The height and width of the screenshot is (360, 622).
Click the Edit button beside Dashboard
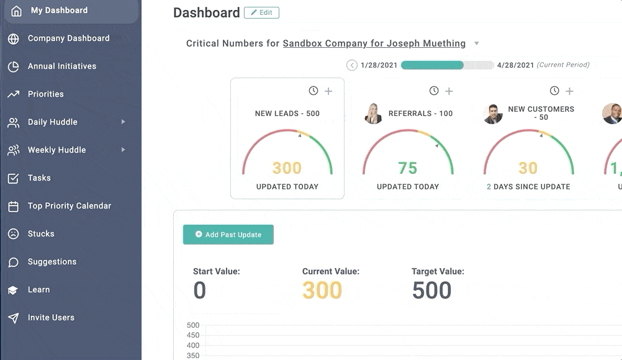coord(261,12)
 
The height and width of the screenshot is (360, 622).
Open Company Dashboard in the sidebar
coord(68,38)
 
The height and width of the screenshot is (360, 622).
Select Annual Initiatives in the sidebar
coord(62,66)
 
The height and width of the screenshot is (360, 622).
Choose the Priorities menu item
coord(45,94)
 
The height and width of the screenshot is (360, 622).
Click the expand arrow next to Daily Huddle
coord(124,122)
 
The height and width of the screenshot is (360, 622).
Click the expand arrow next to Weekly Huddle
coord(124,150)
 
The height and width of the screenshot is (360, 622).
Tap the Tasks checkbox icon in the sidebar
coord(13,178)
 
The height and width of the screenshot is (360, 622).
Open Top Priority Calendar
coord(70,206)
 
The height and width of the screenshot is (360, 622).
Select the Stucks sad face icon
coord(14,234)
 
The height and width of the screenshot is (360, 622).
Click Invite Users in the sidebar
coord(51,318)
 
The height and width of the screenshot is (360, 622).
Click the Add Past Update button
coord(228,235)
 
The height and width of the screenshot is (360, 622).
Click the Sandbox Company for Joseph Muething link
coord(374,43)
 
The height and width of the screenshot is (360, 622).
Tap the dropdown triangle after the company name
coord(477,43)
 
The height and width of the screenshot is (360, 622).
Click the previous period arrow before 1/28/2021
coord(352,65)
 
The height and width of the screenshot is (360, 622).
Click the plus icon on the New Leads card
coord(328,91)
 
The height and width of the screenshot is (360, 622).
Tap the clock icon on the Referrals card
coord(434,91)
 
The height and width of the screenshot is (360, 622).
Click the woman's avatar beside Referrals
coord(373,114)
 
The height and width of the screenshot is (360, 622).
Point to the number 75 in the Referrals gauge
coord(408,168)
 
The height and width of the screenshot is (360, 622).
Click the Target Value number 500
coord(431,290)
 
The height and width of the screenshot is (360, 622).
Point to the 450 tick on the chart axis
coord(193,335)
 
